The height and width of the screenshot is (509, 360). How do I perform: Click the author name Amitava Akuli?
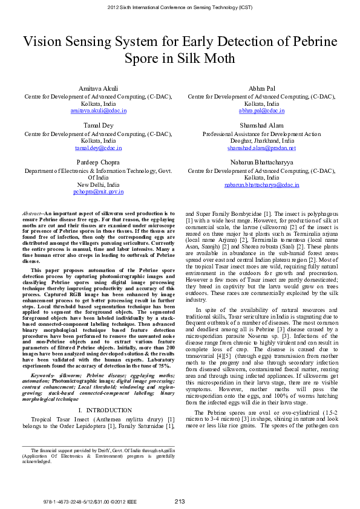tap(97, 89)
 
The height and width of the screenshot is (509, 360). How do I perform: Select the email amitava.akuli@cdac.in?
tap(97, 111)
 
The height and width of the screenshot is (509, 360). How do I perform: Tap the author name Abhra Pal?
tap(261, 89)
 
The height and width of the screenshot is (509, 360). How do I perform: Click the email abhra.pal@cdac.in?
tap(261, 111)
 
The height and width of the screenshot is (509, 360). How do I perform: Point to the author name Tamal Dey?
tap(97, 126)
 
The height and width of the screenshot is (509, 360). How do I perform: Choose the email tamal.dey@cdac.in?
tap(97, 148)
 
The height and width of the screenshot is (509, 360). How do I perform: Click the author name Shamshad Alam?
tap(261, 126)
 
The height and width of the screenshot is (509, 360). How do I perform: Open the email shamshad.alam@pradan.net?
tap(261, 148)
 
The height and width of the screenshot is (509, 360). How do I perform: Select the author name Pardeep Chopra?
tap(97, 163)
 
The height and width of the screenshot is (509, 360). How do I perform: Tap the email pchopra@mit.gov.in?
tap(97, 192)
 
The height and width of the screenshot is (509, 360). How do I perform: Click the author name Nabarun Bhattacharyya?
tap(261, 163)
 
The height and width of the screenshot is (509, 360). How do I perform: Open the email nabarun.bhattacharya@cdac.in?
tap(261, 185)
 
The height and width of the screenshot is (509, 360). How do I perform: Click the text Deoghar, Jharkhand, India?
tap(261, 140)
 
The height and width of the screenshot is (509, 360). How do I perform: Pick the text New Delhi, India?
tap(97, 184)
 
